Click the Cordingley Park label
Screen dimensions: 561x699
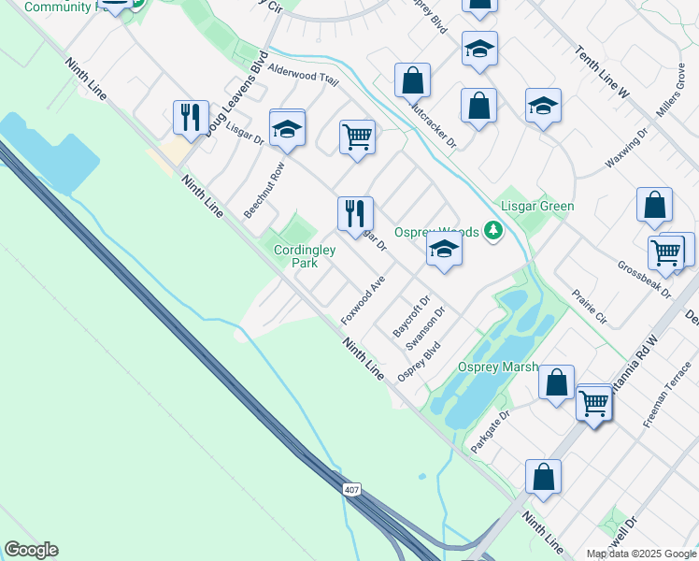coord(296,256)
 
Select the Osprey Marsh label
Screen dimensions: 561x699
coord(498,367)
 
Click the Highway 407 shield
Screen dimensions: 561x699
coord(350,490)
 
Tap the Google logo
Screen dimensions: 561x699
coord(31,550)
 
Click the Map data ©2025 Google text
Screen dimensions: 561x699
coord(641,554)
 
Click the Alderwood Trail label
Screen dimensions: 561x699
coord(302,75)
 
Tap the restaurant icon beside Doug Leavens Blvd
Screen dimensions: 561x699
coord(191,118)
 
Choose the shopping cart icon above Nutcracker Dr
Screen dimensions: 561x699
coord(357,137)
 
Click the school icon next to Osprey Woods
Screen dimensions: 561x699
coord(444,250)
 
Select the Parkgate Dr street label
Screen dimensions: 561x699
coord(491,431)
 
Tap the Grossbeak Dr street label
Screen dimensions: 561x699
coord(645,279)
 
